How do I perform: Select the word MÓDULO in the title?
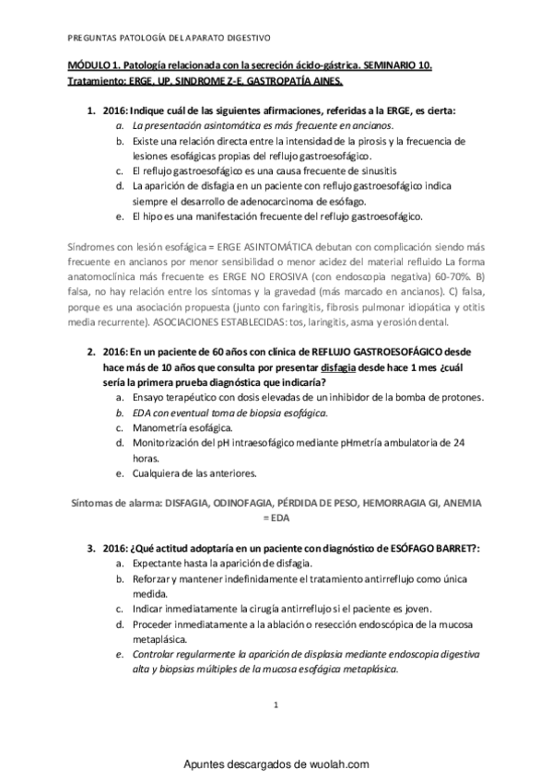pos(89,67)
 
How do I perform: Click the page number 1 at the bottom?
pos(276,705)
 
